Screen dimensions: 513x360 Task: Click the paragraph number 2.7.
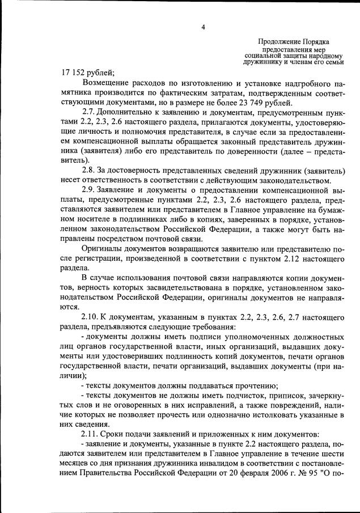(89, 113)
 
